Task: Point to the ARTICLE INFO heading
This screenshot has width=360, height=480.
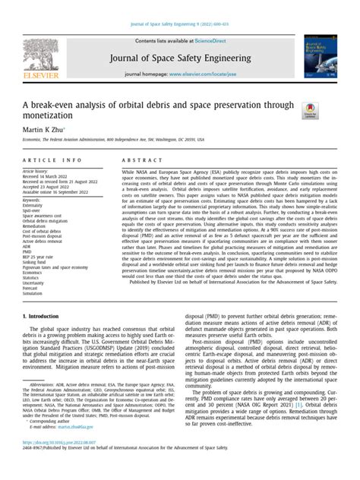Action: click(52, 162)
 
